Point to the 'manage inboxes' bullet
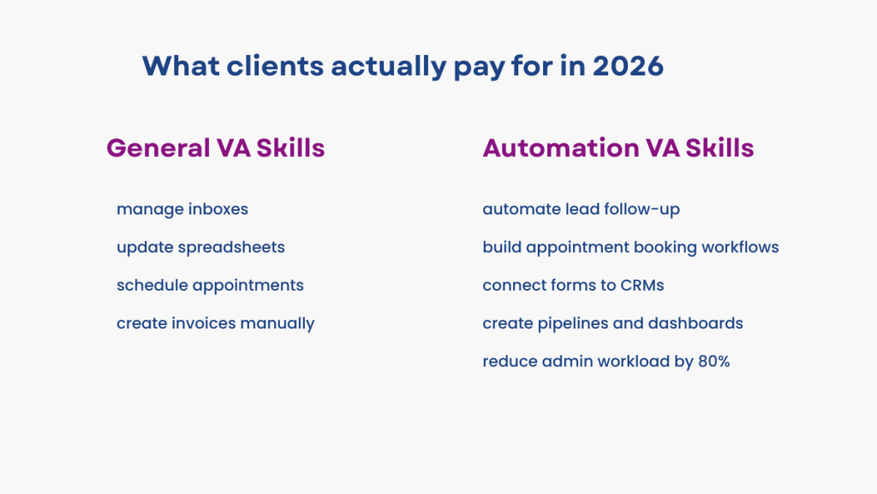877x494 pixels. pyautogui.click(x=182, y=208)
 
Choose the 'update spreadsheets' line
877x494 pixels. pyautogui.click(x=200, y=247)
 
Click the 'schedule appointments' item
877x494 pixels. pyautogui.click(x=210, y=285)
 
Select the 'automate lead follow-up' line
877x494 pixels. pyautogui.click(x=581, y=208)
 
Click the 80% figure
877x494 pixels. pyautogui.click(x=713, y=361)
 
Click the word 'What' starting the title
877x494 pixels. pyautogui.click(x=176, y=66)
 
